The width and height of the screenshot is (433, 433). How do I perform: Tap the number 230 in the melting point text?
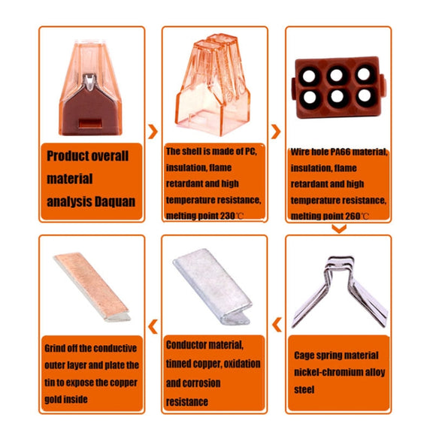[x=227, y=216]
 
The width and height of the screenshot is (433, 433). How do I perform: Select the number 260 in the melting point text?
[x=353, y=216]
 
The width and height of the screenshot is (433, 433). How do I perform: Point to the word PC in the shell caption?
[x=250, y=151]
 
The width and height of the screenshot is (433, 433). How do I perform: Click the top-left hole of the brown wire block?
[x=309, y=75]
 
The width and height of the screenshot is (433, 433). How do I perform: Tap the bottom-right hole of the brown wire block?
[x=365, y=95]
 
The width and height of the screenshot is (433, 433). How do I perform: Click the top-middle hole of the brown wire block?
[x=336, y=75]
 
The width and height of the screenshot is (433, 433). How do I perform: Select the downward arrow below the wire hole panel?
[x=339, y=229]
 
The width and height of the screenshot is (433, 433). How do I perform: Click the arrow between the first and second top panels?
[x=153, y=132]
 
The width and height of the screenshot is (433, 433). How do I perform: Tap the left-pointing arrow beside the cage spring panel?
[x=277, y=325]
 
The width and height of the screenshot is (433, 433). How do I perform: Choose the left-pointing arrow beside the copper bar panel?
[x=153, y=326]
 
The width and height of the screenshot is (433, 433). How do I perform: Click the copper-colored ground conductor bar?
[x=92, y=287]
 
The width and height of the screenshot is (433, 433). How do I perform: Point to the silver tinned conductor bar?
[x=213, y=286]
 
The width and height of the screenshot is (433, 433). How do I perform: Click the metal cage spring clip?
[x=340, y=292]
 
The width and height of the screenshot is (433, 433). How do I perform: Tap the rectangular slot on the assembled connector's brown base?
[x=90, y=123]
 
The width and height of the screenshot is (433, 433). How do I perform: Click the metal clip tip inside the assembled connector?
[x=89, y=82]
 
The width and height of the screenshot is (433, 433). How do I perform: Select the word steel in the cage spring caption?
[x=304, y=389]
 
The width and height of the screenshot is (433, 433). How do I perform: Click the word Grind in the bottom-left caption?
[x=55, y=349]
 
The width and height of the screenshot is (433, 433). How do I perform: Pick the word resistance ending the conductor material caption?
[x=187, y=402]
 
